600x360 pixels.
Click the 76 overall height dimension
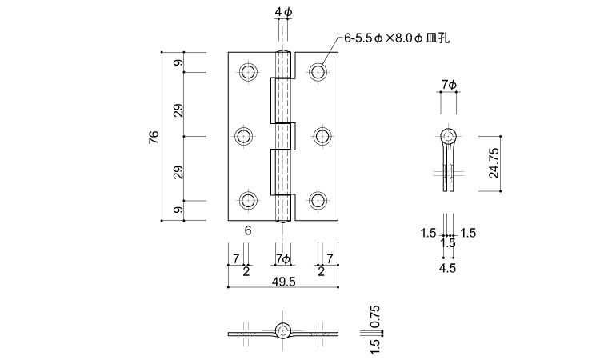point(154,137)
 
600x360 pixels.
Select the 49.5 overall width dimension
point(283,282)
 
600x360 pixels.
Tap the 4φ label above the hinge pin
point(283,13)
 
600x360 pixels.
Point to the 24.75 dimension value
point(494,163)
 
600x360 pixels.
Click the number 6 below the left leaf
point(249,230)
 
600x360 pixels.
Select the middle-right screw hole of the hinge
point(320,137)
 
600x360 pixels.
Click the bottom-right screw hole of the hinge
point(320,201)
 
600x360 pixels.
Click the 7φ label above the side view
point(448,84)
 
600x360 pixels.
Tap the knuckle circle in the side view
point(448,135)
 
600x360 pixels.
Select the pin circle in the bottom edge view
point(283,330)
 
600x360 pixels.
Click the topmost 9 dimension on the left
point(178,62)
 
